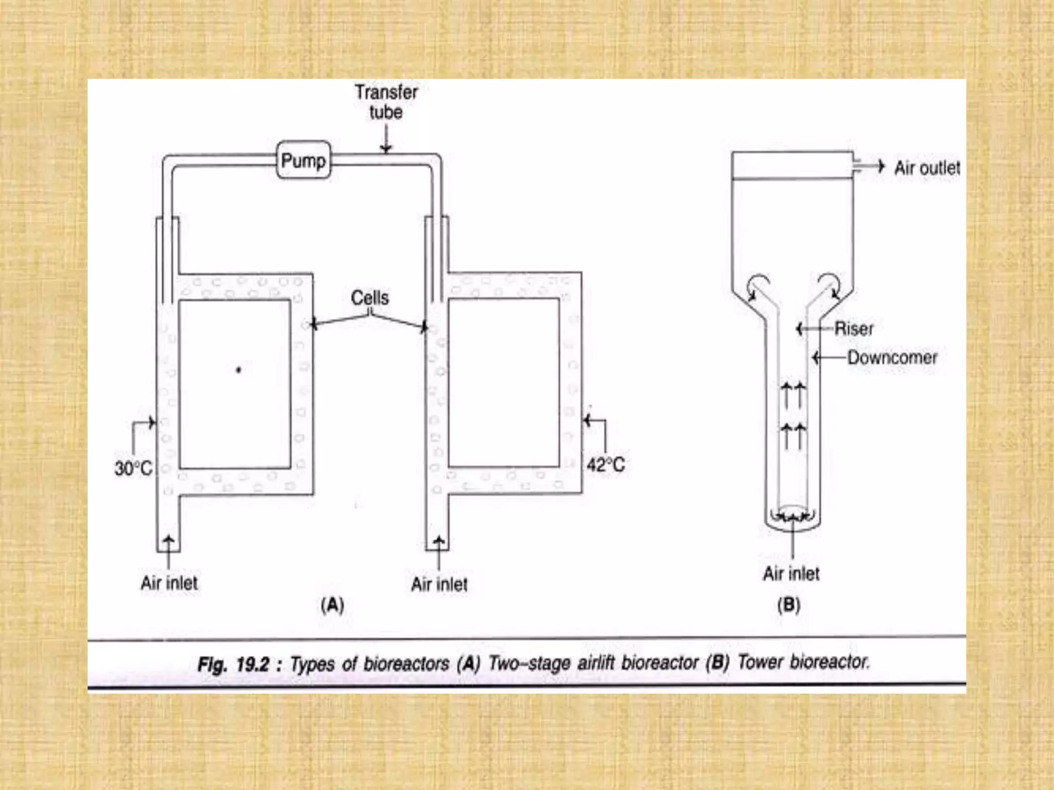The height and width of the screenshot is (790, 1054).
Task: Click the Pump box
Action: click(303, 160)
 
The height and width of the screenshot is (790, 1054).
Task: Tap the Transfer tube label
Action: click(386, 102)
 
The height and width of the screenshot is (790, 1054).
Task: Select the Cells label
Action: click(370, 298)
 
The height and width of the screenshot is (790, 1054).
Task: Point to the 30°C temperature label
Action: click(133, 468)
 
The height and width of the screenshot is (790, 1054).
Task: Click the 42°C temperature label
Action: click(606, 465)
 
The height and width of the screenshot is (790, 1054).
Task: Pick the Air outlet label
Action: click(927, 168)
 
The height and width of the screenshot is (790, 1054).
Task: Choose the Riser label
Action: click(854, 328)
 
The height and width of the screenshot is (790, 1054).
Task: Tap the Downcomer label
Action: click(892, 357)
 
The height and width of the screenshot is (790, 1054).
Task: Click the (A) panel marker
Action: click(332, 605)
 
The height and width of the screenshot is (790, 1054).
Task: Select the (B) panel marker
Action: click(788, 605)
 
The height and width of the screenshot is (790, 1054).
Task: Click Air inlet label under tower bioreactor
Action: click(791, 573)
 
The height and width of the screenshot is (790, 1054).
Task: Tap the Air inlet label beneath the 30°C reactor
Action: click(169, 583)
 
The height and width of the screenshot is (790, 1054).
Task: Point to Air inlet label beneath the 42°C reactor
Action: click(440, 584)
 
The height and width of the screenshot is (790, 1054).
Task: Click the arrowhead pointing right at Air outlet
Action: click(881, 166)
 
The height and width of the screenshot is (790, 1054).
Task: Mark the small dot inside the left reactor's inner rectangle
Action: click(238, 369)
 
